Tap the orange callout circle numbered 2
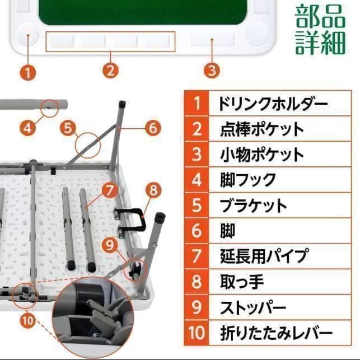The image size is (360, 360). click(111, 71)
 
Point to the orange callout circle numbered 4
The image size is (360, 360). click(28, 128)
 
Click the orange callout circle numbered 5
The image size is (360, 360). click(68, 128)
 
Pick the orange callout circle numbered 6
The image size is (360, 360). click(152, 128)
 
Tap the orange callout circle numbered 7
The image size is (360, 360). click(109, 189)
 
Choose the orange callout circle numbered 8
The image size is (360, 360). click(153, 190)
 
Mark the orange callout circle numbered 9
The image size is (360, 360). click(111, 245)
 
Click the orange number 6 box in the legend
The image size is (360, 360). click(197, 231)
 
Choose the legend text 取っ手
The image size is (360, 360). click(242, 282)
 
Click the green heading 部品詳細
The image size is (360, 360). click(320, 30)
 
